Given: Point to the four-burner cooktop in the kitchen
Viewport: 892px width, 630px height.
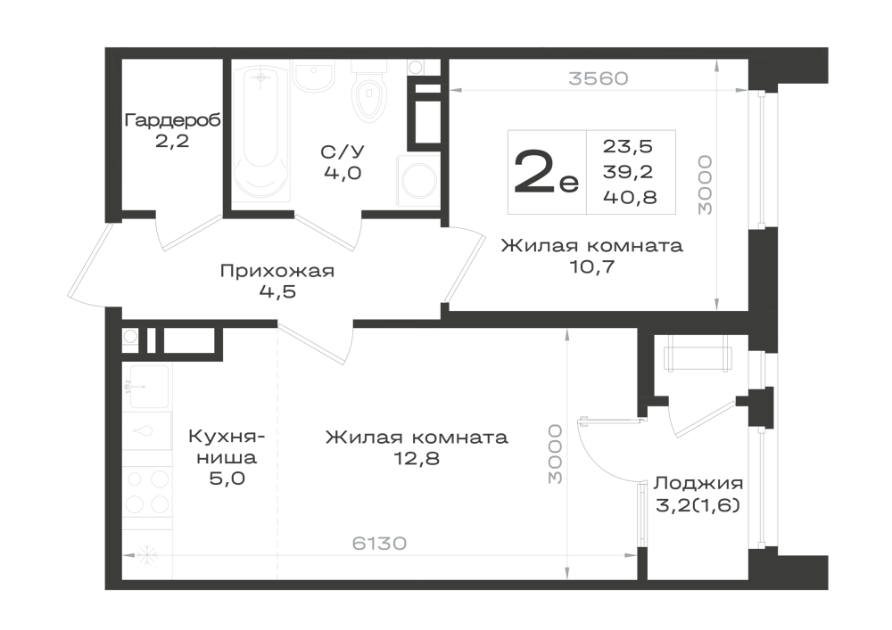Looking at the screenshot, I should tap(147, 491).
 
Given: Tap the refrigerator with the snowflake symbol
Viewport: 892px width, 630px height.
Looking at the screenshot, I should tap(147, 556).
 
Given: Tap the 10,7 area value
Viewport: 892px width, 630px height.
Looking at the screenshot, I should tap(592, 266).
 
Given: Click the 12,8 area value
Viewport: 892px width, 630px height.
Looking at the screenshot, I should tap(417, 459).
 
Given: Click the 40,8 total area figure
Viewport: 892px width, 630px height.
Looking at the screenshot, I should tap(629, 197).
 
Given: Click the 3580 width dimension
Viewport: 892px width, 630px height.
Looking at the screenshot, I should tap(599, 78).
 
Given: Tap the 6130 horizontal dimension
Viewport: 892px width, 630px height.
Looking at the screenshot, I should tap(381, 543).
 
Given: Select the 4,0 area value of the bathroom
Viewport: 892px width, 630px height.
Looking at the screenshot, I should tap(342, 173).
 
